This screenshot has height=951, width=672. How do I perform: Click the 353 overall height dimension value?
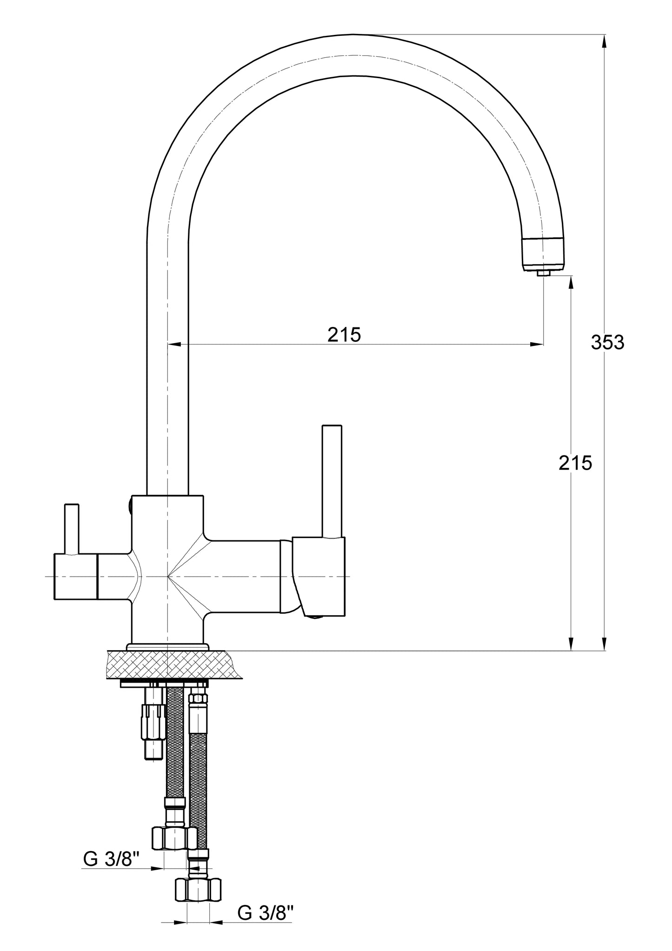click(x=607, y=343)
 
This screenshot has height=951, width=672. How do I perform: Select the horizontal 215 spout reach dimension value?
click(x=344, y=334)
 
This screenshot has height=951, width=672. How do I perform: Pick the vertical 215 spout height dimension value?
click(x=575, y=463)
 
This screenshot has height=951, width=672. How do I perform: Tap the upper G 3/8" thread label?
click(x=112, y=860)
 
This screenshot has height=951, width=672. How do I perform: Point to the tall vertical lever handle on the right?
click(x=332, y=482)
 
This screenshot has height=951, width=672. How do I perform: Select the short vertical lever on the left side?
click(x=72, y=529)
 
